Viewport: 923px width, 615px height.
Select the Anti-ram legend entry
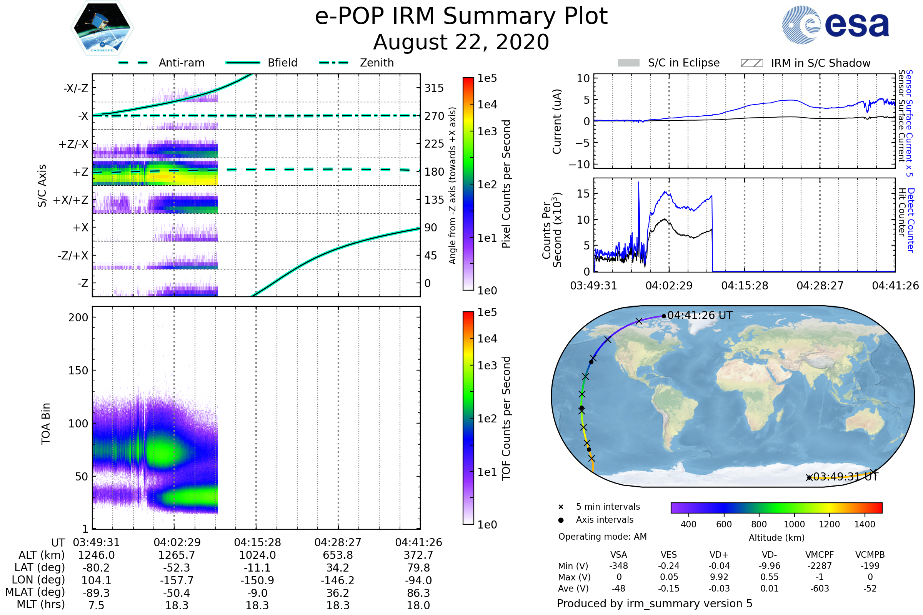[x=162, y=63]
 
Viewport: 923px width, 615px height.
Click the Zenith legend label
[x=377, y=63]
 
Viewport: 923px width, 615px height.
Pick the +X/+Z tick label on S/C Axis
[x=71, y=200]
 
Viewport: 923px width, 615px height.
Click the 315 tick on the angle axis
[x=434, y=88]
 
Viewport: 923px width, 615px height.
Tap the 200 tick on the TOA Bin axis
[x=78, y=317]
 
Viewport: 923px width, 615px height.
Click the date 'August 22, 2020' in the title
[x=461, y=42]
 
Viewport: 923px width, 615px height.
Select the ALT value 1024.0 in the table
[x=257, y=555]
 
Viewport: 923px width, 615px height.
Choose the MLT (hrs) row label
[x=41, y=604]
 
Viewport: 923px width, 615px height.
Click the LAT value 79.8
[x=418, y=568]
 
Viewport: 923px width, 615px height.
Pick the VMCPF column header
[x=820, y=555]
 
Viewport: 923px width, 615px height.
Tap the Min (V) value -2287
[x=820, y=566]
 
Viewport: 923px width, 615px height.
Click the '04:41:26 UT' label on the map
[x=700, y=315]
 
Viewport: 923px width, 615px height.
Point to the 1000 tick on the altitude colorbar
[x=794, y=524]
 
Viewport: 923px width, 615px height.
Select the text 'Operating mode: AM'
[x=602, y=537]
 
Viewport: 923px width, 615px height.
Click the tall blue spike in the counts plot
[x=638, y=184]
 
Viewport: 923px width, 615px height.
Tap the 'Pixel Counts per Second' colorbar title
[x=506, y=184]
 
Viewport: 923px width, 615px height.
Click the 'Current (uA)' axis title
[x=557, y=121]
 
